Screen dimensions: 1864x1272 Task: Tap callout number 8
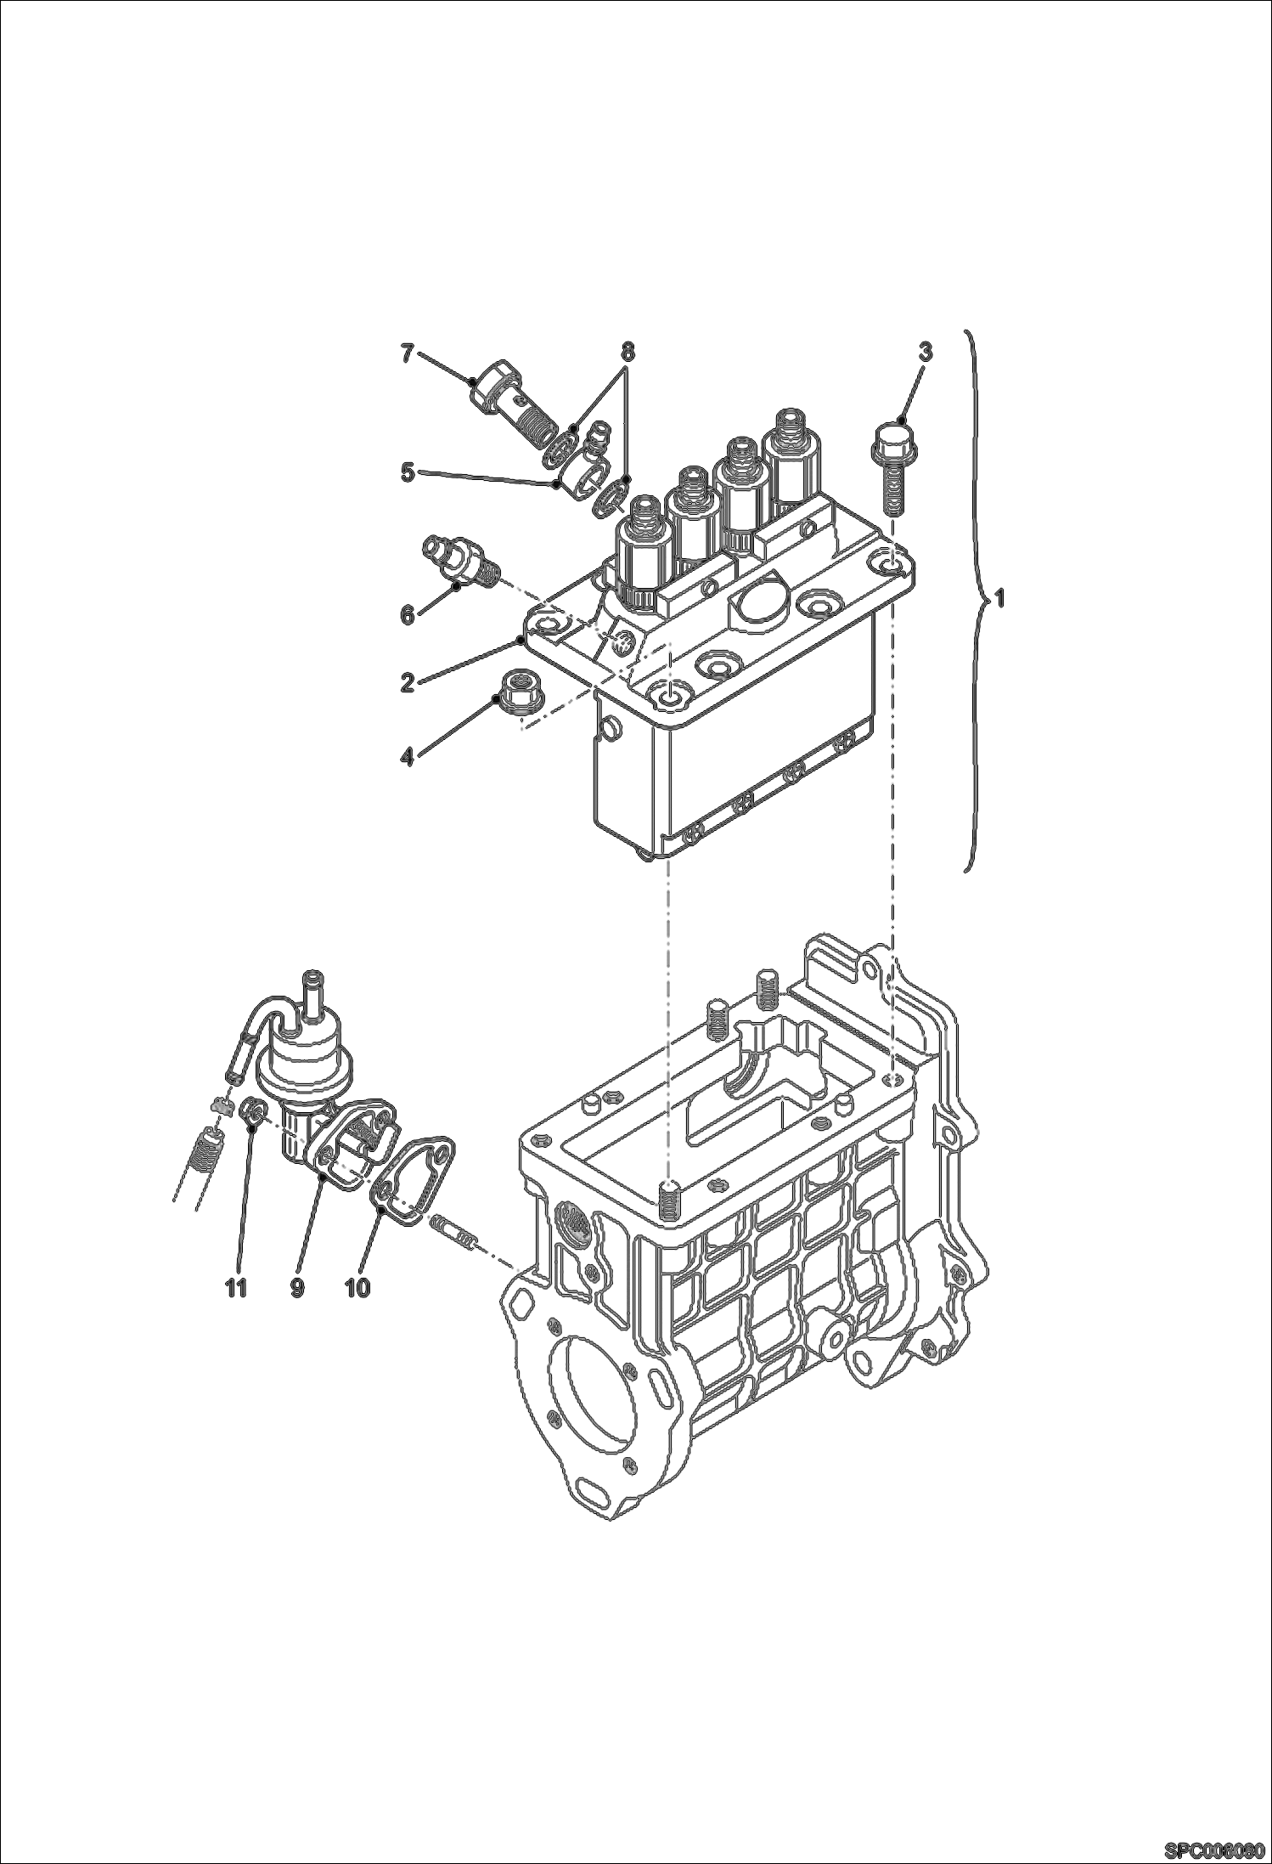tap(627, 351)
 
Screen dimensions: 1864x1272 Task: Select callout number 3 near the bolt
tap(925, 352)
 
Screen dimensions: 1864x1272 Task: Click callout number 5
tap(408, 472)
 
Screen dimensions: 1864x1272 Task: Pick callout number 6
tap(408, 614)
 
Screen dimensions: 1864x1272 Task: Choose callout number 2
tap(408, 682)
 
